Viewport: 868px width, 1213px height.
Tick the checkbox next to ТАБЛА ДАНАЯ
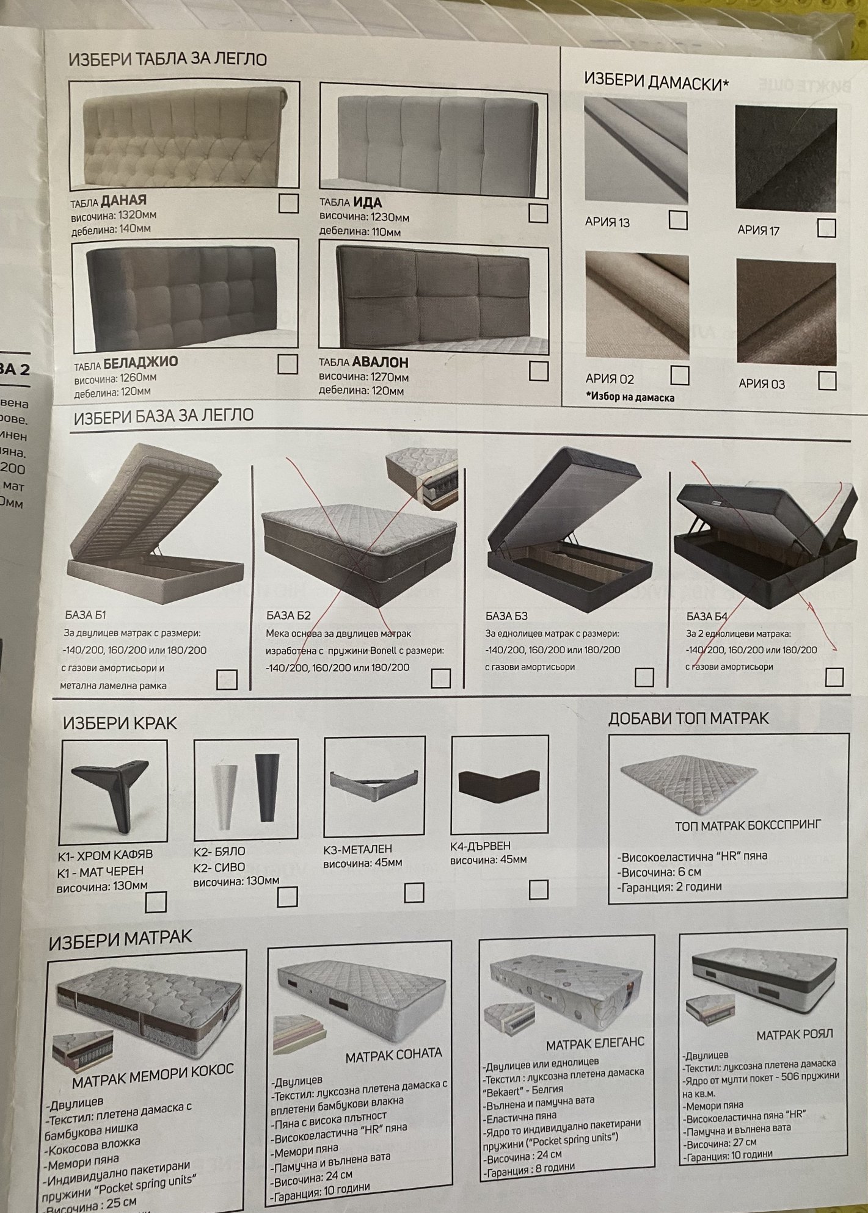(288, 203)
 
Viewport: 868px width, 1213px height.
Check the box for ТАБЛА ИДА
(538, 213)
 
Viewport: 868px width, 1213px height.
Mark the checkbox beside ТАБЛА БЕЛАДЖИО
(287, 364)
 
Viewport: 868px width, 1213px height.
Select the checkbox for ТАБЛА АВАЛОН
(538, 371)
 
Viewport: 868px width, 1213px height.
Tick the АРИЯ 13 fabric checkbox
(678, 220)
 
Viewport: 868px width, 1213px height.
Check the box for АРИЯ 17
(826, 228)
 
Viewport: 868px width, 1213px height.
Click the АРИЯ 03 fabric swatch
(786, 310)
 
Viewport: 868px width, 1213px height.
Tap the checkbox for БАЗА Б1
(227, 679)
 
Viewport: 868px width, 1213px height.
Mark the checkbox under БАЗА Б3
(644, 677)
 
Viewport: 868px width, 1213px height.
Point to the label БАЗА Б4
(707, 616)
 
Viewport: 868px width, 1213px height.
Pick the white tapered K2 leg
(223, 793)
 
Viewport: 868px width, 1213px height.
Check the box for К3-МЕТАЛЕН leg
(414, 893)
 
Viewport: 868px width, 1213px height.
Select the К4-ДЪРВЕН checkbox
(538, 889)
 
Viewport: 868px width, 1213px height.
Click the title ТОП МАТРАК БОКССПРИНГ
(748, 825)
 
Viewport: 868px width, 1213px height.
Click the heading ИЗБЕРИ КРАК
(120, 723)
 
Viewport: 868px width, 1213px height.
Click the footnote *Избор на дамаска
(630, 397)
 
